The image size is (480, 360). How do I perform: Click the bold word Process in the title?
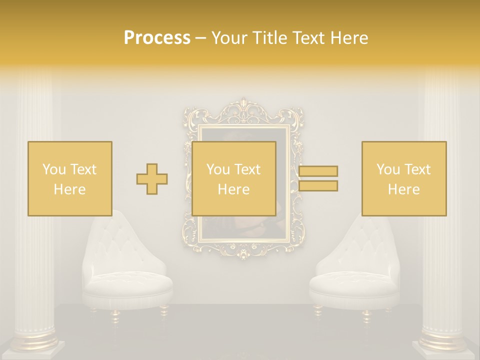(x=157, y=38)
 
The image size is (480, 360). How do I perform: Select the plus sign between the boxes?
(x=152, y=179)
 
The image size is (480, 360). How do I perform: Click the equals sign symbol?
(x=318, y=178)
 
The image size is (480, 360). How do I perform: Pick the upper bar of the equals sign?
(x=318, y=171)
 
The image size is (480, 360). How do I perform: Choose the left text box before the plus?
(x=70, y=178)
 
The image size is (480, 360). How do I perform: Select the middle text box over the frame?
(x=234, y=178)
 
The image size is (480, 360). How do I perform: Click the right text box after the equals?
(x=404, y=178)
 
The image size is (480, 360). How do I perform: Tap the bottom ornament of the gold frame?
(x=243, y=252)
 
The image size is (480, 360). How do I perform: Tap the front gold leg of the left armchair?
(x=115, y=315)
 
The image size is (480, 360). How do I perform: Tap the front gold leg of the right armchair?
(x=366, y=315)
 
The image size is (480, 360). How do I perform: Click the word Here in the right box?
(x=404, y=189)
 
